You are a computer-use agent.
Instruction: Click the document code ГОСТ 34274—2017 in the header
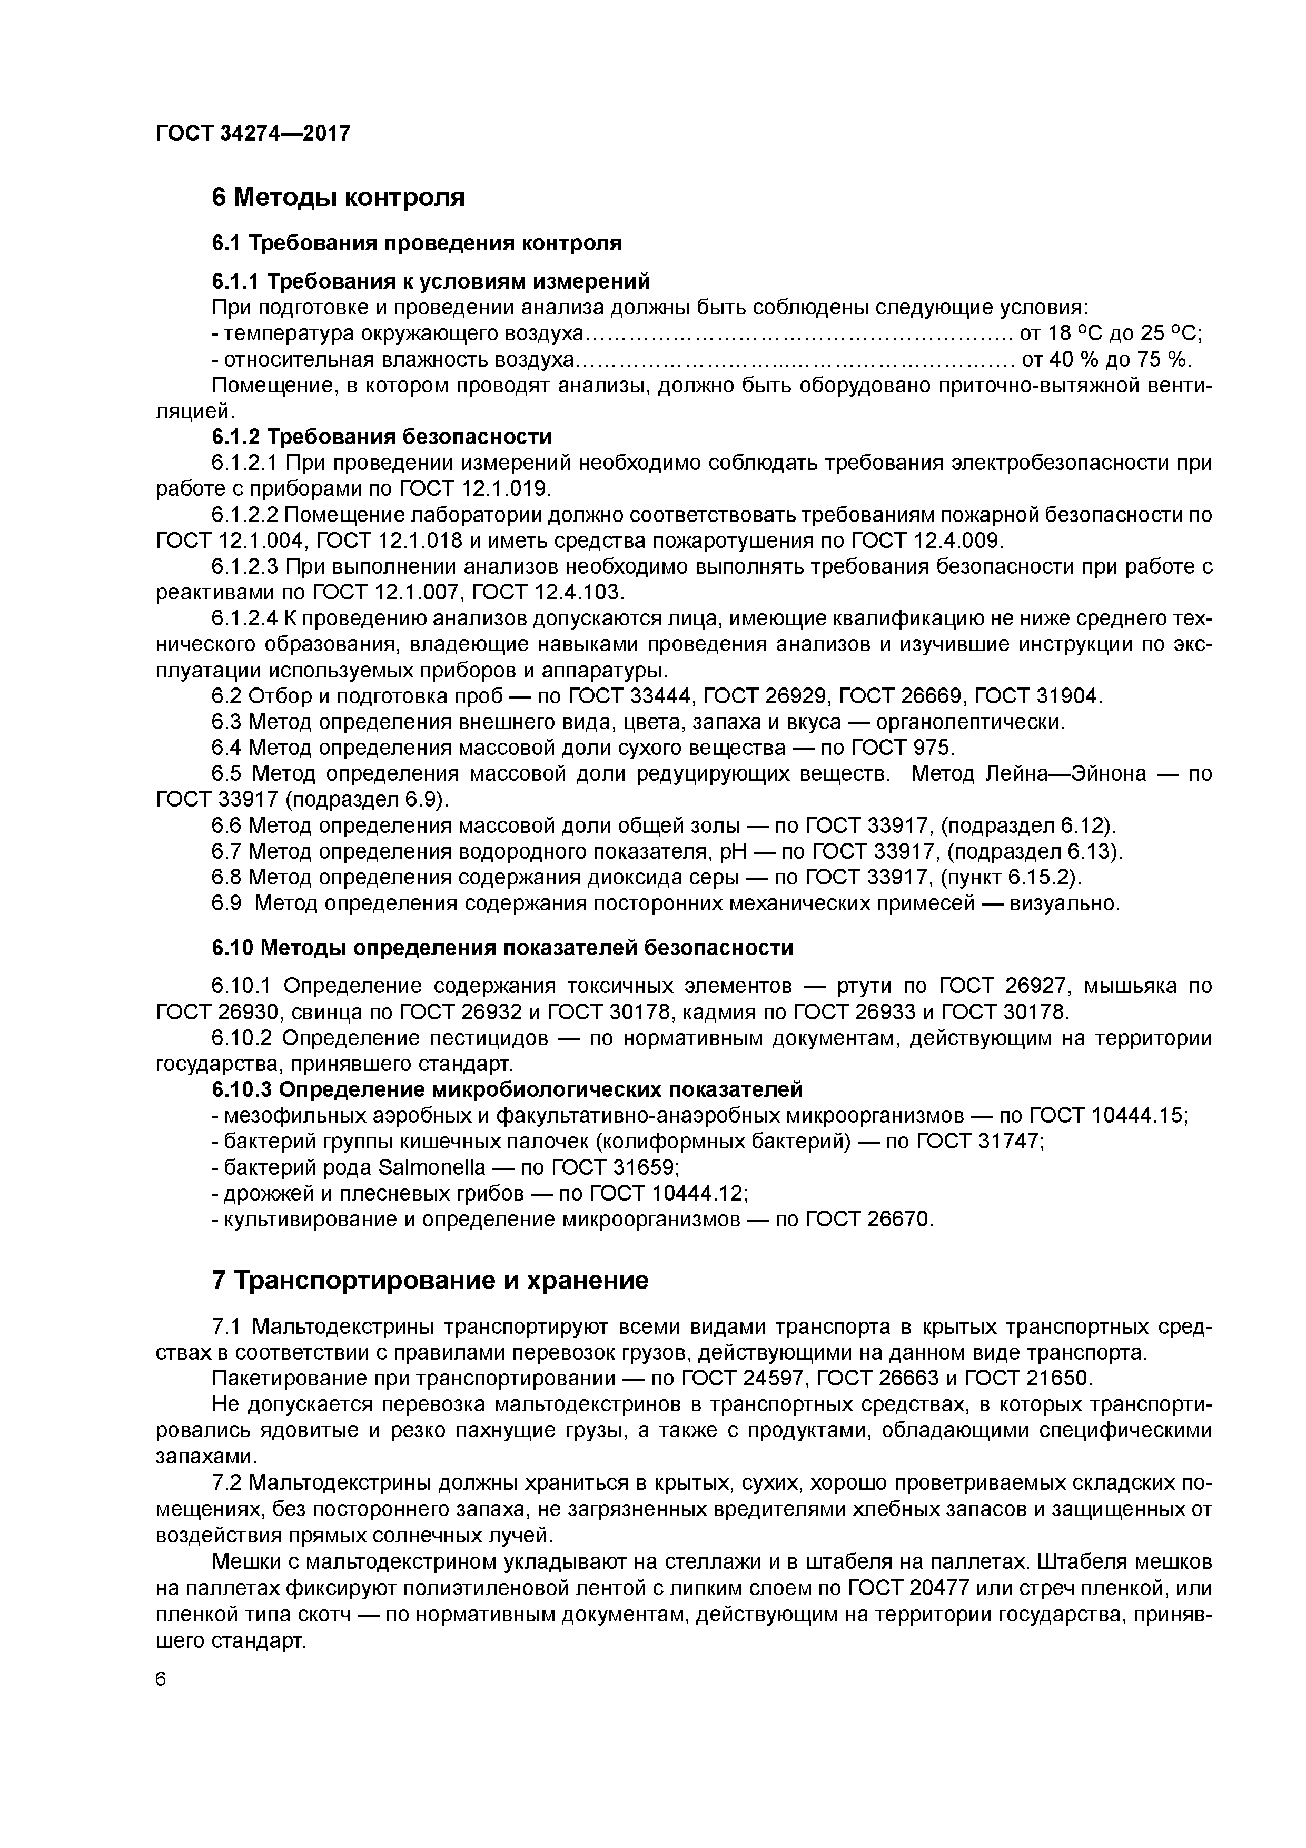253,133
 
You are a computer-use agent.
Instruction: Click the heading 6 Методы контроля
338,197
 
